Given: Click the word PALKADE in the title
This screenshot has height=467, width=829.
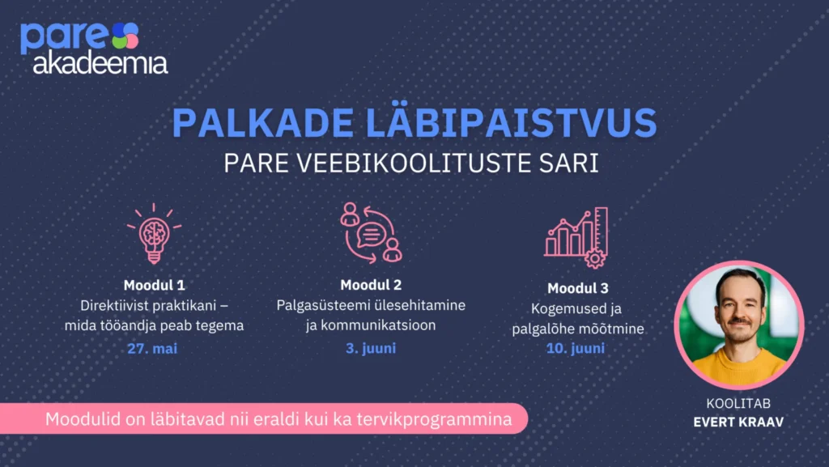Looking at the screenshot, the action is tap(263, 123).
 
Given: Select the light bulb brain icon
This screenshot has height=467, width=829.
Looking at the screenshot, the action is tap(154, 233).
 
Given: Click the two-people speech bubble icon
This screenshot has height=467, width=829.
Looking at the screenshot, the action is tap(371, 232).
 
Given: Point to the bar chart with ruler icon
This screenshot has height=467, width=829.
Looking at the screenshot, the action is tap(576, 237).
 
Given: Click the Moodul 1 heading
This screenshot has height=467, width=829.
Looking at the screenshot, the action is tap(154, 285).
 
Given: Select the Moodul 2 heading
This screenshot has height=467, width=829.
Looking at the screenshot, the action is tap(371, 285).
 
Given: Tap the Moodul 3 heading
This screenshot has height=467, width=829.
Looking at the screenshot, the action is tap(577, 288).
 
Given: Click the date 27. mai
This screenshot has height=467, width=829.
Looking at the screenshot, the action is tap(152, 349).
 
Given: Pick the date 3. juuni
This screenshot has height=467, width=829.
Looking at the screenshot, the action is tap(371, 348).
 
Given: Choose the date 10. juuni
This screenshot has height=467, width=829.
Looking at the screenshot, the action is tap(576, 348).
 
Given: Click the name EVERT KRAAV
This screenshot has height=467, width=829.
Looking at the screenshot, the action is tap(738, 422).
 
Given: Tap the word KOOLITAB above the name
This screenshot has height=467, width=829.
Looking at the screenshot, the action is tap(738, 404).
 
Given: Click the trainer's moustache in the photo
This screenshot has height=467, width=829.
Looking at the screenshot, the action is tap(739, 321).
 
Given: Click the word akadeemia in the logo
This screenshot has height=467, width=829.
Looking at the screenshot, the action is tap(100, 63).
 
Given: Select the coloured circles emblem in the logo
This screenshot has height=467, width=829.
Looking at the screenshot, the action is tap(125, 36).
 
